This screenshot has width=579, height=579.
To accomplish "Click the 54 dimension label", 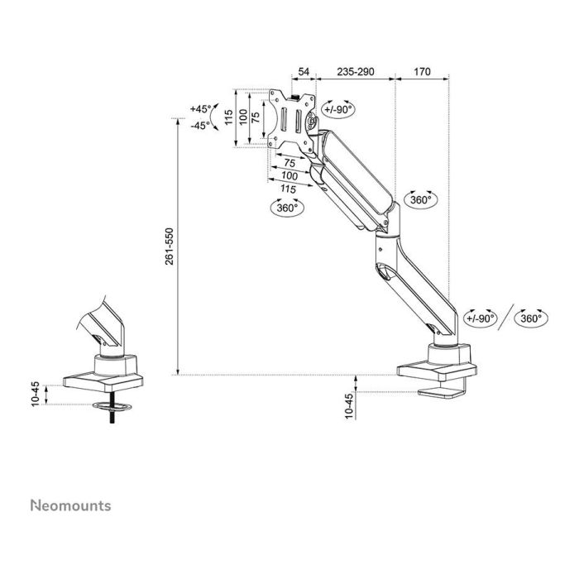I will click(x=304, y=73).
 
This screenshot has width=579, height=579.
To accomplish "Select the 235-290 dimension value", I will click(x=356, y=73).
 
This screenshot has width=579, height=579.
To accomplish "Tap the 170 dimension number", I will click(x=422, y=73).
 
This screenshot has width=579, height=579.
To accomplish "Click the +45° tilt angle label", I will click(x=200, y=109).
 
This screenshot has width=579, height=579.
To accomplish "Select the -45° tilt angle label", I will click(x=200, y=126).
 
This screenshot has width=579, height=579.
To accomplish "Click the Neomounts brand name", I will click(x=70, y=505).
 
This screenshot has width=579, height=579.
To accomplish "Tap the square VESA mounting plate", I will click(x=291, y=121).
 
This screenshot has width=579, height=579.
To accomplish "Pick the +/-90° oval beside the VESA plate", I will click(x=338, y=108).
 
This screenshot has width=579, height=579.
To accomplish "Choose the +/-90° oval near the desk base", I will click(x=479, y=318).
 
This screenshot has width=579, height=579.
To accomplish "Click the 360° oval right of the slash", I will click(x=529, y=318).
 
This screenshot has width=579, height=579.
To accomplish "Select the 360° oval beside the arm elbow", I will click(x=420, y=200).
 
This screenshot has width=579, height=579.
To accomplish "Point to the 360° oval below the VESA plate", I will click(x=287, y=208).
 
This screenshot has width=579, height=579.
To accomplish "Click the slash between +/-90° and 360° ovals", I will click(x=505, y=318).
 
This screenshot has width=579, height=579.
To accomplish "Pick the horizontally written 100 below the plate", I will click(x=289, y=177).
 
